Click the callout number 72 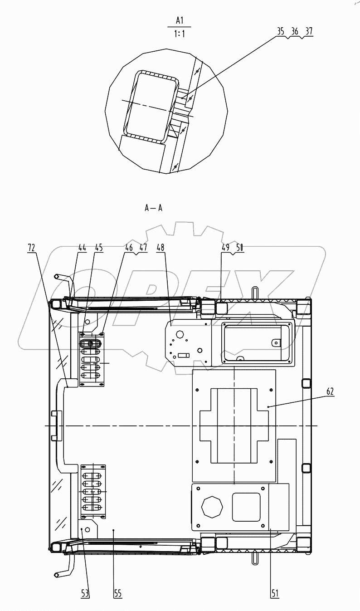(31, 248)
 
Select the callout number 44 (82, 248)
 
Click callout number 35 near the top (281, 31)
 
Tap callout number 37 (309, 31)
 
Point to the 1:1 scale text (180, 33)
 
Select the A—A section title (153, 208)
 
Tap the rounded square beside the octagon (246, 507)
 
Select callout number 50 (239, 248)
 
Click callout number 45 (98, 248)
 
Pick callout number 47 (143, 248)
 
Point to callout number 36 (295, 31)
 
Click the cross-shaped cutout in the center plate (234, 425)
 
